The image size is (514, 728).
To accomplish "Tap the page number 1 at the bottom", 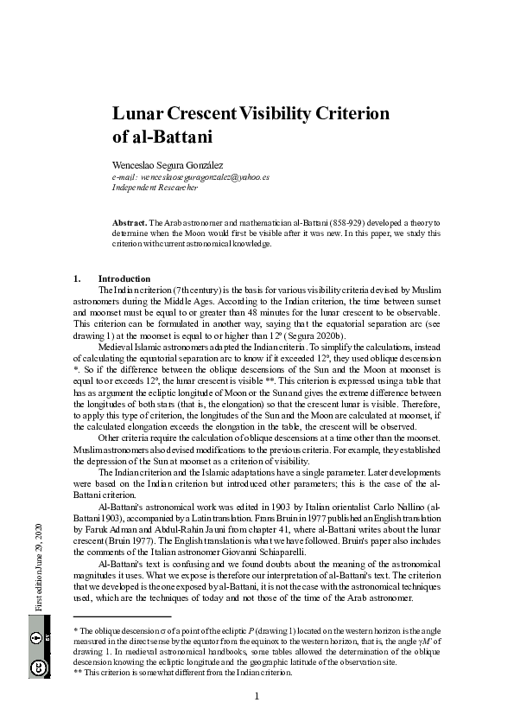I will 257,696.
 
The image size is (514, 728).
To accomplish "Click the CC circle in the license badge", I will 39,667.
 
